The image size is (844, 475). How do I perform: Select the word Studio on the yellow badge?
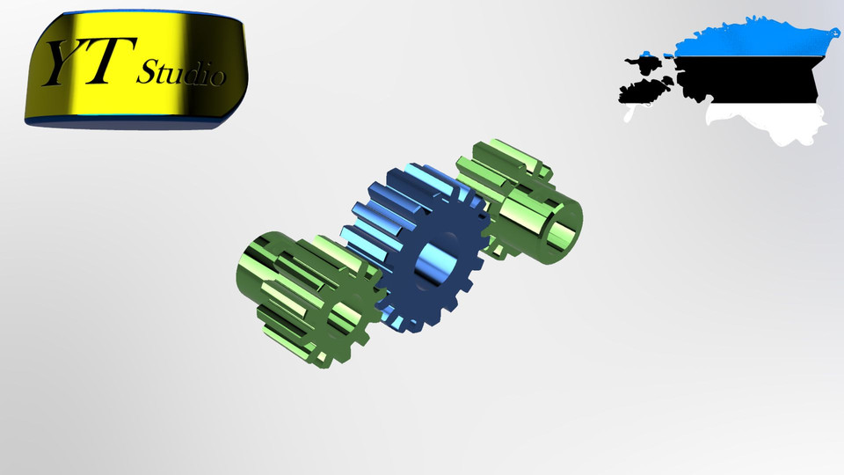tap(179, 72)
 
